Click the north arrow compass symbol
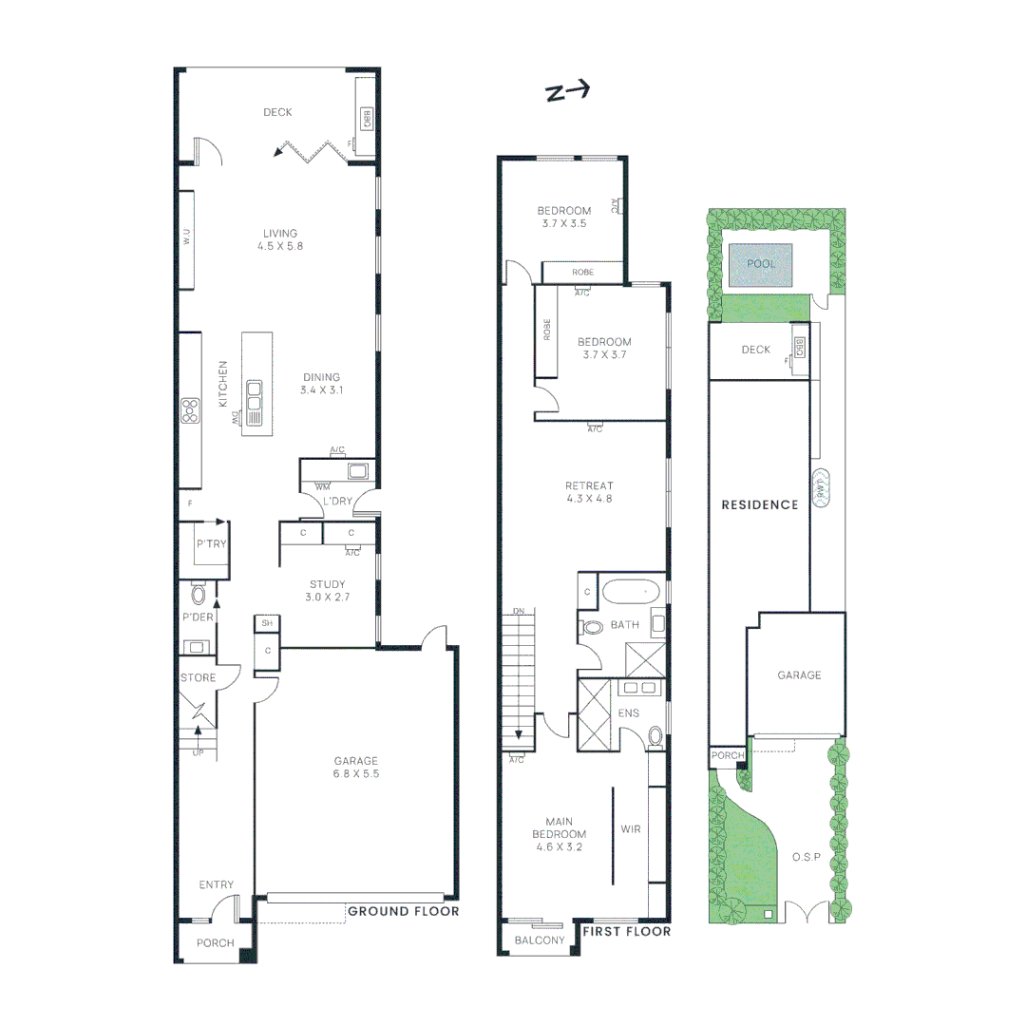point(567,91)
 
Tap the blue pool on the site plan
point(761,264)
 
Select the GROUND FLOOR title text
point(403,911)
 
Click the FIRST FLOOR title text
point(626,932)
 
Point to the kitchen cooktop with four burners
point(190,410)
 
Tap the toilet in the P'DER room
point(199,595)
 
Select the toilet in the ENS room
point(655,735)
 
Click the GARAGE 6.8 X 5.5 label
point(355,767)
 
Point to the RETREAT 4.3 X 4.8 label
point(589,492)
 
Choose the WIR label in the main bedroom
point(630,829)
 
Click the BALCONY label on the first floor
point(540,940)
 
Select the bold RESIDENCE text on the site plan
point(759,504)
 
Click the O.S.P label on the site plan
point(806,857)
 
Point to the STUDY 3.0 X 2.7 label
point(327,591)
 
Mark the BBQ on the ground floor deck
point(365,118)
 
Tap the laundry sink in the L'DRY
point(357,470)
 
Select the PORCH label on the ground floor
point(215,943)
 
